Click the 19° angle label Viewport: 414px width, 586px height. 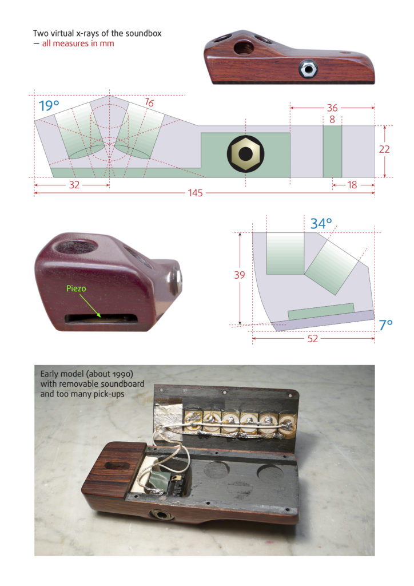point(49,106)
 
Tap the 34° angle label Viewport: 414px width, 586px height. point(321,224)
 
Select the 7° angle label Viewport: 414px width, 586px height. point(386,325)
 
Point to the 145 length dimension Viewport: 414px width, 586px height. point(196,193)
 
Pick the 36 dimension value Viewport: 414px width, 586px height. point(332,108)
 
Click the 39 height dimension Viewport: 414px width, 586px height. point(240,275)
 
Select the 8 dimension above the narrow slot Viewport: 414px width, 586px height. point(332,120)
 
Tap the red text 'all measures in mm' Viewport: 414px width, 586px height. point(78,43)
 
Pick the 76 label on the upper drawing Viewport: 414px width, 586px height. point(149,103)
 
